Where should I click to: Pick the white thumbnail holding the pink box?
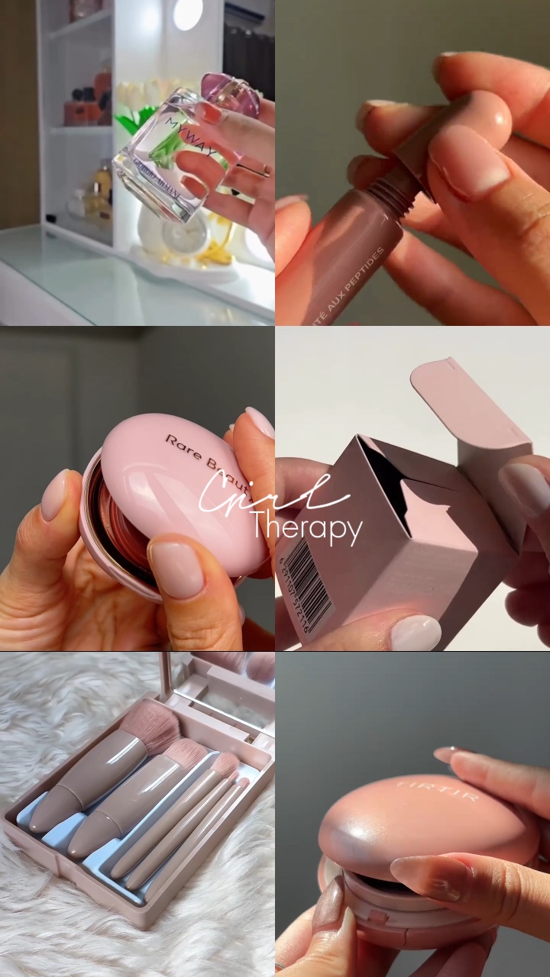[x=416, y=632]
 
